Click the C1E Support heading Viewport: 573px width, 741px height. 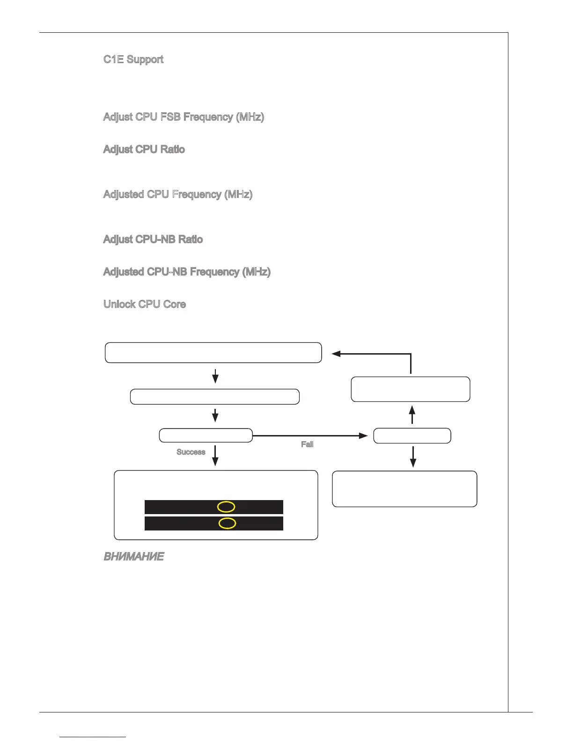point(133,59)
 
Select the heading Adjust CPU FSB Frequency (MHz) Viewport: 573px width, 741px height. point(184,117)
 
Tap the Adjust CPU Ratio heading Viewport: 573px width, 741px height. point(144,149)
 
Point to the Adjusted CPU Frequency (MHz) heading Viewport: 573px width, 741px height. point(178,194)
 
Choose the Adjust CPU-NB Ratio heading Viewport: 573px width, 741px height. point(153,240)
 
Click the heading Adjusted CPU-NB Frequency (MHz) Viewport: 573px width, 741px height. point(187,272)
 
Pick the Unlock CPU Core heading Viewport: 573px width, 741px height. point(145,304)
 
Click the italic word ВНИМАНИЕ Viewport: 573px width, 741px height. point(133,557)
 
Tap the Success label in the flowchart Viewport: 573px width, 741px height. point(191,452)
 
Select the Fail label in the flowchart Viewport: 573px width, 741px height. point(307,444)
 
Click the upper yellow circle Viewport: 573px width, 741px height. point(226,507)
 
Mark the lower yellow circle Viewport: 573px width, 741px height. point(227,523)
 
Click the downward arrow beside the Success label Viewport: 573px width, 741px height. point(215,455)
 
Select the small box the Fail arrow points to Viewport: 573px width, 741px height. point(412,436)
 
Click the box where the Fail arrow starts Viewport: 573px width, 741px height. point(206,436)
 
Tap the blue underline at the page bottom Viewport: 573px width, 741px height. point(93,737)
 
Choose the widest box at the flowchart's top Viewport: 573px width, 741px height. point(213,353)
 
